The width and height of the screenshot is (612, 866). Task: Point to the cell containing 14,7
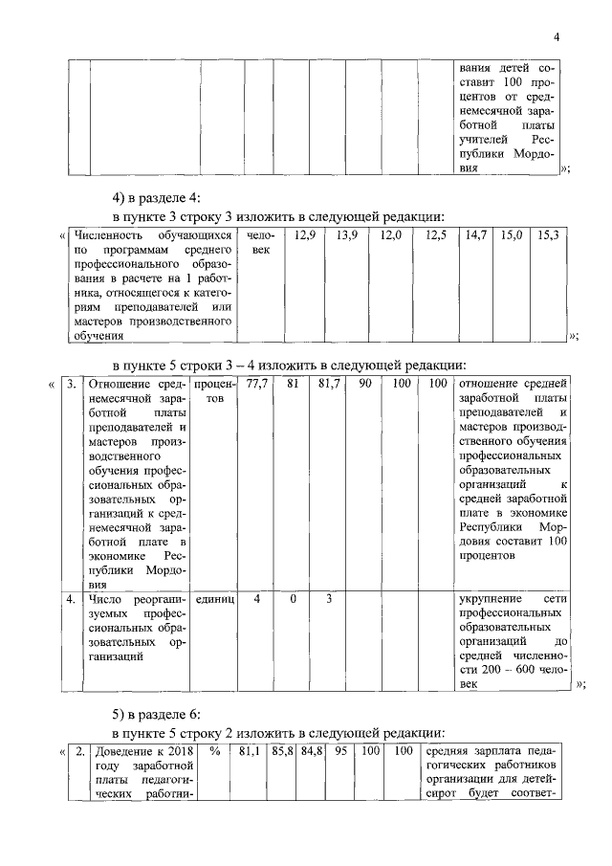pyautogui.click(x=476, y=235)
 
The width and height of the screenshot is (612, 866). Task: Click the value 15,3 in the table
pyautogui.click(x=549, y=235)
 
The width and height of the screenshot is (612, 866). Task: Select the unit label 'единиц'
pyautogui.click(x=214, y=598)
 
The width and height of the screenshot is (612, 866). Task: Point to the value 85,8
pyautogui.click(x=284, y=751)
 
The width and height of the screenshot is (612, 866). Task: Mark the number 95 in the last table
pyautogui.click(x=339, y=751)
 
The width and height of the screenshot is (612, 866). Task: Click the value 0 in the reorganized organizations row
pyautogui.click(x=293, y=598)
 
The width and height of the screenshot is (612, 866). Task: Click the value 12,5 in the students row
pyautogui.click(x=436, y=235)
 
